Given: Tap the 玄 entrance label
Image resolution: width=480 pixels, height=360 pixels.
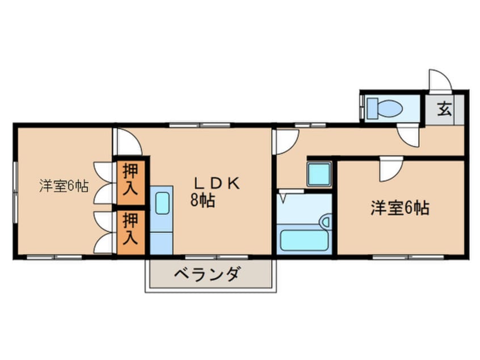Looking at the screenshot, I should (x=445, y=108).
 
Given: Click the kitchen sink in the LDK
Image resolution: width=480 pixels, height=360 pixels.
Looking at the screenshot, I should (x=162, y=203).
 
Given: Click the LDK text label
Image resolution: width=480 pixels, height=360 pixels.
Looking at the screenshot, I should (x=218, y=183).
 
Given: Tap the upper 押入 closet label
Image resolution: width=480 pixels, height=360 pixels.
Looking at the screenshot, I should (x=130, y=179).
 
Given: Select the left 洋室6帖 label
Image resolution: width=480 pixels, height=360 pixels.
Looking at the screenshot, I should (x=64, y=186).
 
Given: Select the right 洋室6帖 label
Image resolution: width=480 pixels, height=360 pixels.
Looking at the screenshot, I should (x=399, y=208).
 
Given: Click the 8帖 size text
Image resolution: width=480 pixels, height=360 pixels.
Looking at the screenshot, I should (x=203, y=200).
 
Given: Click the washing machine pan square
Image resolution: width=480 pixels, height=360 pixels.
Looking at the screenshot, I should (x=319, y=174).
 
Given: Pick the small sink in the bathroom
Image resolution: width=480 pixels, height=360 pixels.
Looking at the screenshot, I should (x=326, y=221).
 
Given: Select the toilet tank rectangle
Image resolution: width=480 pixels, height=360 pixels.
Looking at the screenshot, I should (x=372, y=107).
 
